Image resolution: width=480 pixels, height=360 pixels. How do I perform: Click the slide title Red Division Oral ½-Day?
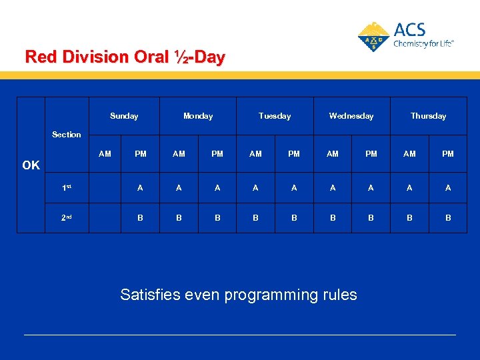(125, 57)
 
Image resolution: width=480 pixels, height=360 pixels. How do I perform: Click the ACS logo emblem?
(373, 37)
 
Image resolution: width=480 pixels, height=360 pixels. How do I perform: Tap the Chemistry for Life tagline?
(423, 43)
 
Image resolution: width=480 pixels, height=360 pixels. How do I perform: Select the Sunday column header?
(124, 116)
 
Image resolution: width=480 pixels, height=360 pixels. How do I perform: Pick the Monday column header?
(198, 116)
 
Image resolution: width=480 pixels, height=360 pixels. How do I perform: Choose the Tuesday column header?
(275, 116)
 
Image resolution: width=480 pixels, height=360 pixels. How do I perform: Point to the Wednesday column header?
(351, 116)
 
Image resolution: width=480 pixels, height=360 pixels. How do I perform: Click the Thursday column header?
(428, 116)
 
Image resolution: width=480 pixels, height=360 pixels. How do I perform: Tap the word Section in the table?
(67, 135)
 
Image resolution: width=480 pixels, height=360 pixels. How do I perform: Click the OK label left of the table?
(31, 165)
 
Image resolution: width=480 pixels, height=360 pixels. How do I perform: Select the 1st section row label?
(67, 188)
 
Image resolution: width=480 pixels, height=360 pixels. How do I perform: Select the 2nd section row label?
(67, 217)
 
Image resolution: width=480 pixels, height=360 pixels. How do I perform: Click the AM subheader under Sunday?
(105, 154)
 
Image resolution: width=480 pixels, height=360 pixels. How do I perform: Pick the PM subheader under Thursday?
(448, 154)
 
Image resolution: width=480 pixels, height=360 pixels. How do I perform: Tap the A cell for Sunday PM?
(140, 188)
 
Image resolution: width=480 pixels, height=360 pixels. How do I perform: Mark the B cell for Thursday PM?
(448, 217)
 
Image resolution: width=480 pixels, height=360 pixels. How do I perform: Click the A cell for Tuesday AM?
(255, 188)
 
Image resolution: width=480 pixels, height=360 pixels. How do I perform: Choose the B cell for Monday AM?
(179, 217)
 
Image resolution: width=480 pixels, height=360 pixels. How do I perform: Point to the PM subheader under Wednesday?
(371, 154)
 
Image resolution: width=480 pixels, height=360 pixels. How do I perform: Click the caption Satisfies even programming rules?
(239, 295)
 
